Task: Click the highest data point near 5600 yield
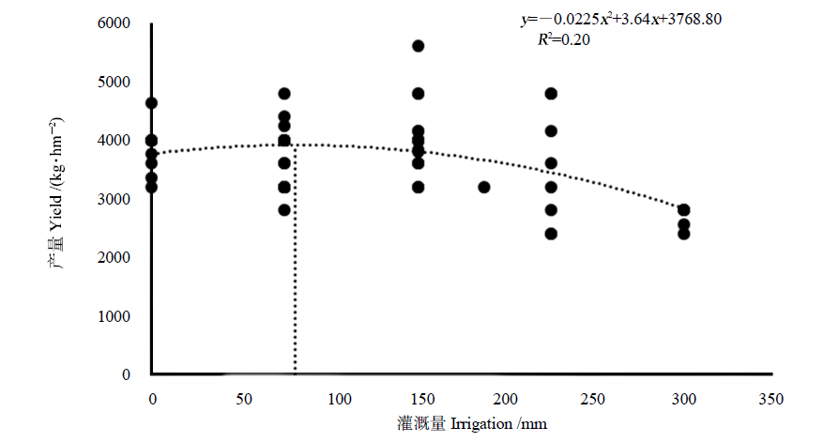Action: tap(419, 46)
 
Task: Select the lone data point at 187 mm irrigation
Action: tap(484, 187)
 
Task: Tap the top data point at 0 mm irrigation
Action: tap(151, 103)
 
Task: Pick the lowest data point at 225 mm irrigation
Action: tap(551, 234)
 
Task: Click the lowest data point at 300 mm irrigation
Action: tap(684, 234)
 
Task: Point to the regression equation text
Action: tap(620, 19)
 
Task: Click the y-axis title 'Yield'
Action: tap(55, 225)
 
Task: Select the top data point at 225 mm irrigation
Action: tap(551, 94)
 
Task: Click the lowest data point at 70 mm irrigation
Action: tap(284, 210)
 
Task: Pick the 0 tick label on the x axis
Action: tap(152, 400)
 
